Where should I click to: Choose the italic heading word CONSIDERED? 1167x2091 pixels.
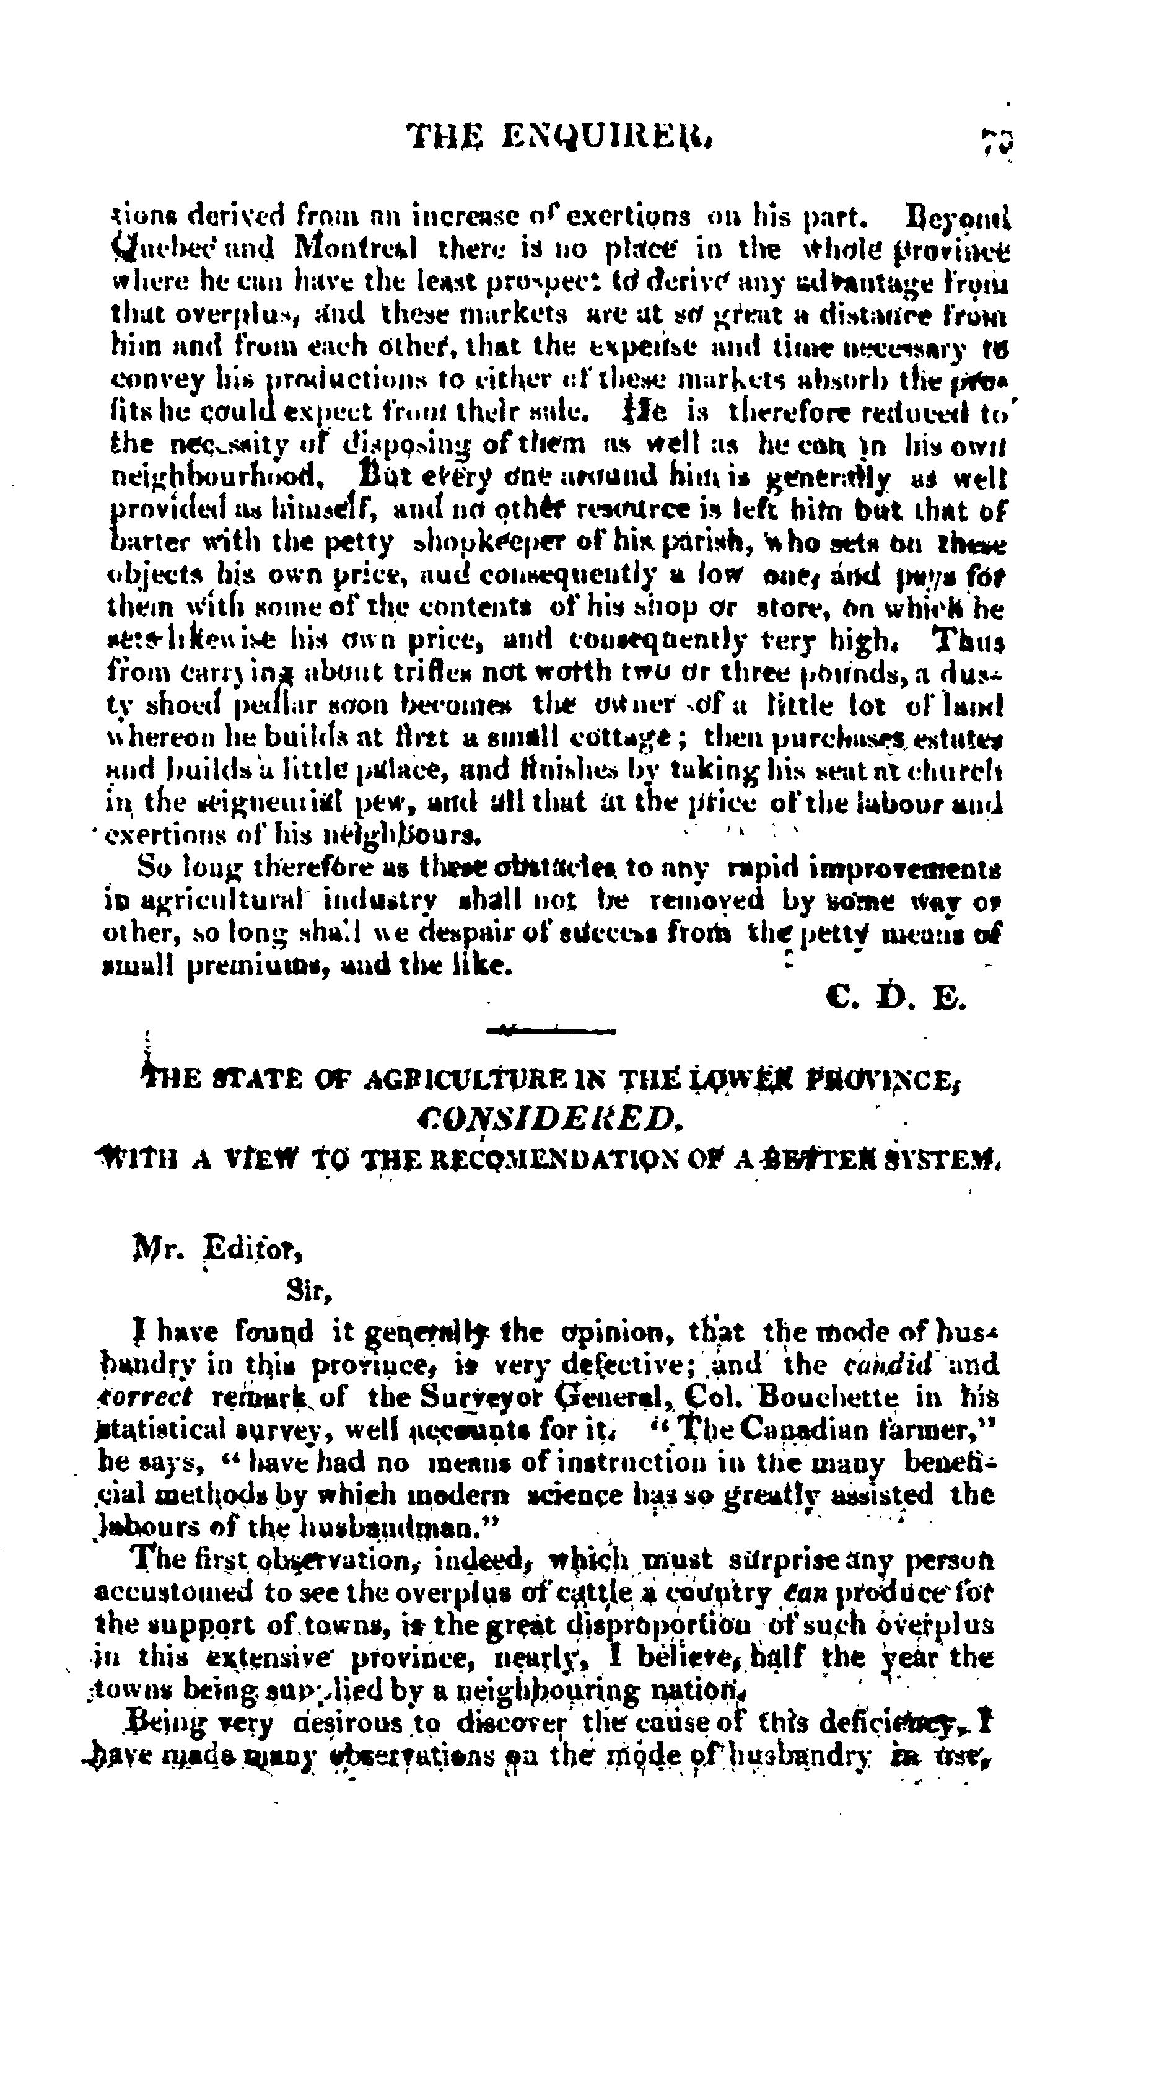[x=549, y=1120]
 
